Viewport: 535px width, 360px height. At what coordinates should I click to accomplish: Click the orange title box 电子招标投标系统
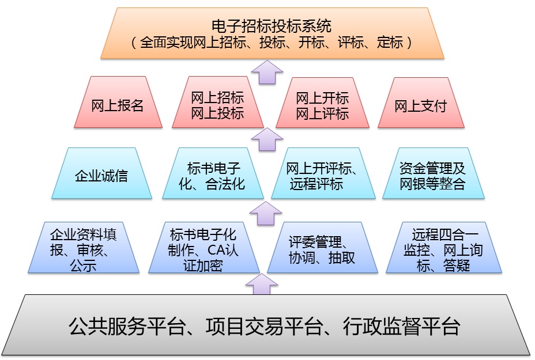pos(272,33)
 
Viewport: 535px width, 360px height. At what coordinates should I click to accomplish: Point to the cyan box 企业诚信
pos(101,175)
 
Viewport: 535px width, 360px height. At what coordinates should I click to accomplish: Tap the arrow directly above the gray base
pos(262,284)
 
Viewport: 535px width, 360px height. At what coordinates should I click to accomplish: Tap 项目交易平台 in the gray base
pos(262,327)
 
